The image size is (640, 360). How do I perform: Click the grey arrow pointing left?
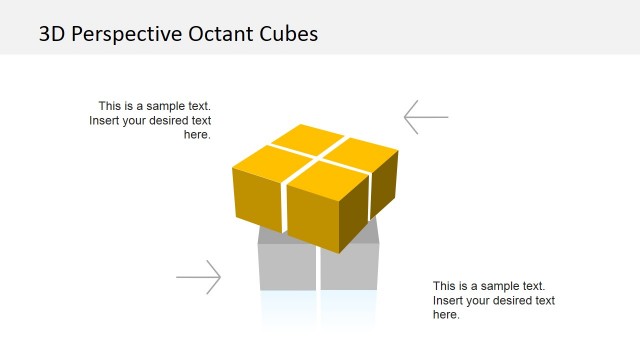[x=426, y=117]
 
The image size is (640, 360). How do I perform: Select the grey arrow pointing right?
[x=198, y=277]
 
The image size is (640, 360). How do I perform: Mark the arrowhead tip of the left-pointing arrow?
[x=406, y=117]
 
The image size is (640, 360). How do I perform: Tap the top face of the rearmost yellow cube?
[x=307, y=137]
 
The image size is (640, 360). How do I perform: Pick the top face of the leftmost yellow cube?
[x=264, y=158]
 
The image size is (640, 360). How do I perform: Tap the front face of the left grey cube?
[x=287, y=267]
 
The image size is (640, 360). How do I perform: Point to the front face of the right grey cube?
[x=350, y=267]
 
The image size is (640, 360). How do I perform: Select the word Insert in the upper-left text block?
[x=108, y=121]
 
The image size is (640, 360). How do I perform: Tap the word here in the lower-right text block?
[x=445, y=315]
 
